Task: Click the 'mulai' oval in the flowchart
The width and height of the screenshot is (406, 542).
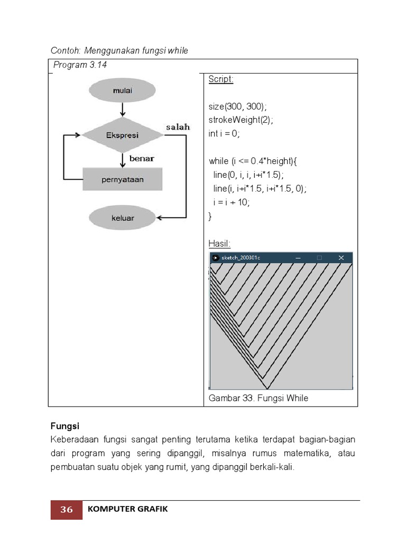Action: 123,91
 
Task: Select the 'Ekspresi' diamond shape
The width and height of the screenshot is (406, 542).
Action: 123,135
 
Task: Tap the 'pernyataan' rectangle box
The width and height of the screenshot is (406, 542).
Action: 123,179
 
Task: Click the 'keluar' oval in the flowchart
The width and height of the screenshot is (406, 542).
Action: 123,218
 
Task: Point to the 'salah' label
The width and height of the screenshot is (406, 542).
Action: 178,128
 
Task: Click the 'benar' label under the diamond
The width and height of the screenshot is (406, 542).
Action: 142,158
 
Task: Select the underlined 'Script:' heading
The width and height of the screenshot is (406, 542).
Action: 220,79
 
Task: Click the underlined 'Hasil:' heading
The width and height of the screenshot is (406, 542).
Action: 219,243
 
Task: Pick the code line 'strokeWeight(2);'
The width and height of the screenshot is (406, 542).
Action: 241,120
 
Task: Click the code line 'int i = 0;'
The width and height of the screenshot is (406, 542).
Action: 224,134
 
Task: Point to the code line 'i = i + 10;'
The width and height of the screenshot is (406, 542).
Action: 232,202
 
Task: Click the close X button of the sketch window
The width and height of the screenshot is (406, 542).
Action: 341,258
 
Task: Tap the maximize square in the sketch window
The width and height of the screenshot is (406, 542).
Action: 319,258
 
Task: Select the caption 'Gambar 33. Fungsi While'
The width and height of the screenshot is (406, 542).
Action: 259,398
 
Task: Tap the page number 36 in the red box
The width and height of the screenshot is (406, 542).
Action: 67,510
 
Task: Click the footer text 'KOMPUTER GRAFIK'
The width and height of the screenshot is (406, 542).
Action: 127,509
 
